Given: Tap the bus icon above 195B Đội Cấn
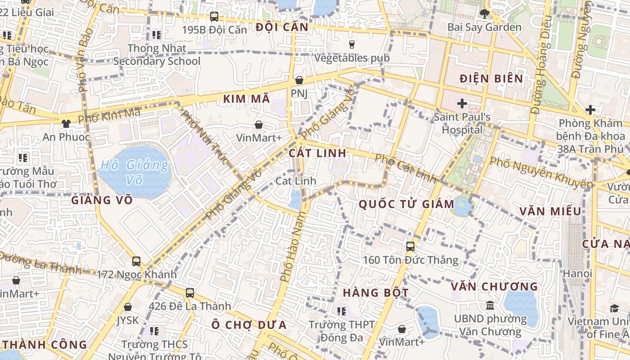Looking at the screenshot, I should pyautogui.click(x=214, y=17).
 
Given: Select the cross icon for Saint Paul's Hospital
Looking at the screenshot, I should pyautogui.click(x=462, y=104).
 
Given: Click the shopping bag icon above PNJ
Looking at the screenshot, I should pyautogui.click(x=299, y=81).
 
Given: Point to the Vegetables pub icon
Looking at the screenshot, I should pyautogui.click(x=352, y=44).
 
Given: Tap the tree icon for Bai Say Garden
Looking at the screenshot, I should pyautogui.click(x=485, y=14).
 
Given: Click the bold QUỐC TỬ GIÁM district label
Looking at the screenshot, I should pyautogui.click(x=406, y=204).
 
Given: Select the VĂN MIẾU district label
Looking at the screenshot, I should pyautogui.click(x=550, y=211).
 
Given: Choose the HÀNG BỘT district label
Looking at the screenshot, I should pyautogui.click(x=376, y=293).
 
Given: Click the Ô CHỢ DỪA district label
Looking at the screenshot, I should pyautogui.click(x=249, y=324).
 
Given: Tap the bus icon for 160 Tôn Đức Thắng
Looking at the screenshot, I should pyautogui.click(x=410, y=247).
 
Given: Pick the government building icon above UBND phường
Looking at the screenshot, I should pyautogui.click(x=490, y=306).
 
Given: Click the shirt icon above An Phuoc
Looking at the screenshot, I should pyautogui.click(x=66, y=123).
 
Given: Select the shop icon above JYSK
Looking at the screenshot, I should pyautogui.click(x=128, y=307).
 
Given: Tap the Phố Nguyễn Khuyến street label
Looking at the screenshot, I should pyautogui.click(x=541, y=172).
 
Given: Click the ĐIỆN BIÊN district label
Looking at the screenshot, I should pyautogui.click(x=491, y=79).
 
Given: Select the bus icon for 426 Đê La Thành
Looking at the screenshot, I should pyautogui.click(x=190, y=293).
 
